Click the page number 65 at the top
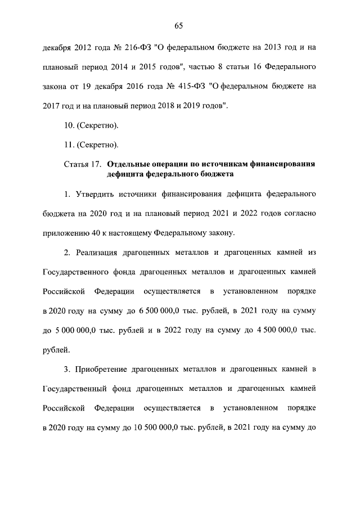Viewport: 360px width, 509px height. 179,25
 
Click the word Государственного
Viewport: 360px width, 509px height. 76,272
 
